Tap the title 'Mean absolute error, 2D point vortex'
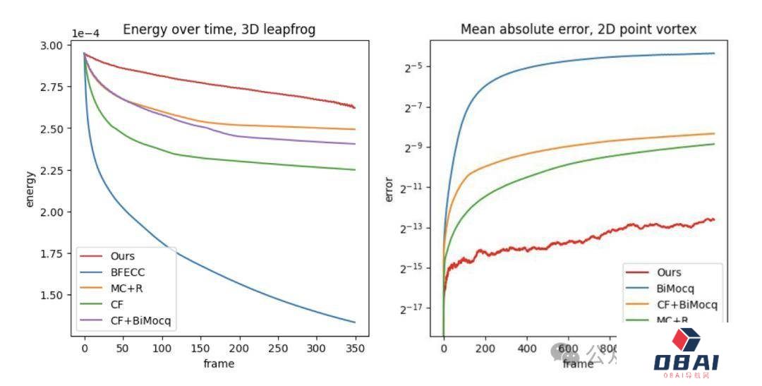[578, 29]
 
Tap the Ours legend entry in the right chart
[669, 272]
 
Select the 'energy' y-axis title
[30, 189]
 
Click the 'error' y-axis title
[389, 189]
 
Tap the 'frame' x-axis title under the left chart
[219, 363]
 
